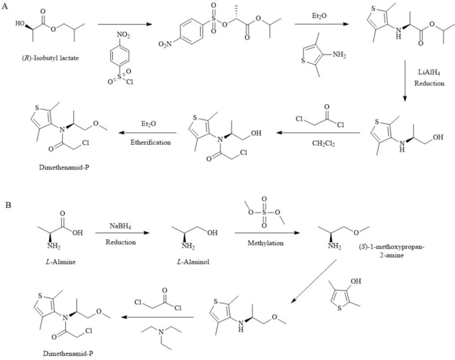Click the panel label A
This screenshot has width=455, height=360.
click(5, 7)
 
